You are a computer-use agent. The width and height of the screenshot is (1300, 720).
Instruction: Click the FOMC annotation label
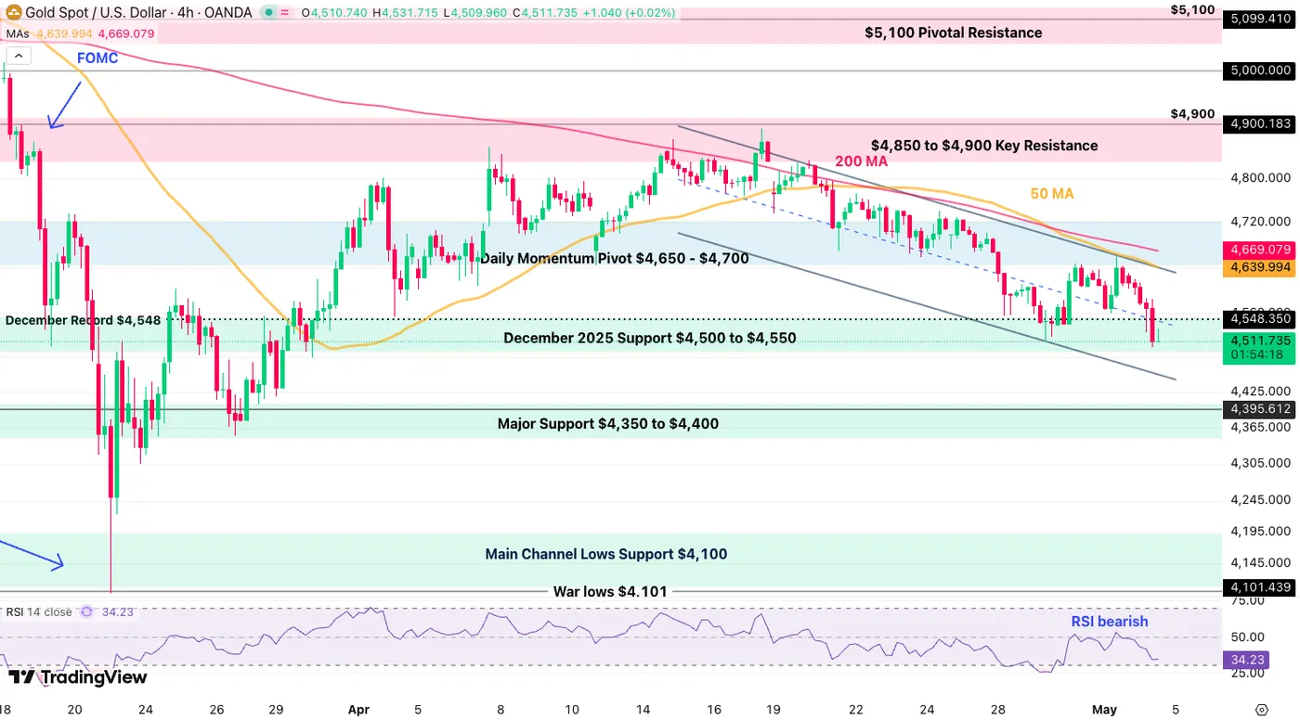coord(97,58)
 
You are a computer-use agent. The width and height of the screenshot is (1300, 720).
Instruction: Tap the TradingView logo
coord(78,677)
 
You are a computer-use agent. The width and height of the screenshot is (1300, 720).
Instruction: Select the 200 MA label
coord(862,161)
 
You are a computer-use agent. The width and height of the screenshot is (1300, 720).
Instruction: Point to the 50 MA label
coord(1051,194)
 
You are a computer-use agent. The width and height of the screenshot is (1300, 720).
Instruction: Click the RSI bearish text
coord(1109,622)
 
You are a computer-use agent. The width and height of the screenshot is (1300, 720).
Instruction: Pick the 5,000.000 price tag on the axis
coord(1259,71)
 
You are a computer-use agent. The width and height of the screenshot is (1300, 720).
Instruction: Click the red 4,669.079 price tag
coord(1259,250)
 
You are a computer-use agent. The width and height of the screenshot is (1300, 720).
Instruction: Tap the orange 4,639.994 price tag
coord(1259,267)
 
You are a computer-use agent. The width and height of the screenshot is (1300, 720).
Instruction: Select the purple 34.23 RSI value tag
coord(1246,660)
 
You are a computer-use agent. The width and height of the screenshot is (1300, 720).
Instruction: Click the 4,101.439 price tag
coord(1259,587)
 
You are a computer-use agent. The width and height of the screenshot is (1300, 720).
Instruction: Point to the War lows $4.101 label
coord(610,591)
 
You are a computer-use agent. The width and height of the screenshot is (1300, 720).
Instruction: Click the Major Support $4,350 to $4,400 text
coord(607,424)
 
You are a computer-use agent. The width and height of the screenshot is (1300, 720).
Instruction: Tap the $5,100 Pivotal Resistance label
coord(953,32)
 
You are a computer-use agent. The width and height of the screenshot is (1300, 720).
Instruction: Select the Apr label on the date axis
coord(358,710)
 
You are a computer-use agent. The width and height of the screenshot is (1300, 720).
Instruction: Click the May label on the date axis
coord(1104,710)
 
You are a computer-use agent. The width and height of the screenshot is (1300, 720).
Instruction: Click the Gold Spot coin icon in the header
coord(13,11)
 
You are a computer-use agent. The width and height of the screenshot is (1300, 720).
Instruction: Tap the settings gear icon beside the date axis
coord(1262,710)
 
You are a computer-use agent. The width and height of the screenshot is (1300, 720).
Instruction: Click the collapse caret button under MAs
coord(19,57)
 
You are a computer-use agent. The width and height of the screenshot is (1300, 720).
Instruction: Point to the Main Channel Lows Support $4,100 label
coord(605,554)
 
